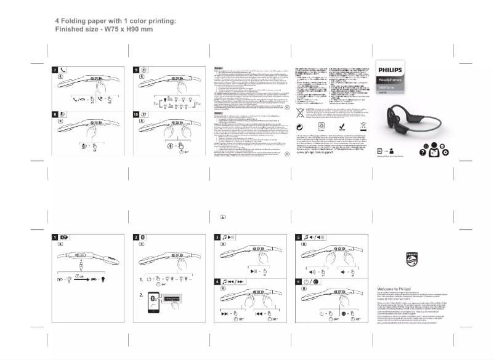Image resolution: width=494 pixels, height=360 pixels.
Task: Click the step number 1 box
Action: click(55, 238)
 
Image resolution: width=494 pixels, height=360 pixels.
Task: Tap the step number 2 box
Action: click(136, 238)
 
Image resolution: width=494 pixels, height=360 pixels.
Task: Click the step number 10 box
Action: click(136, 114)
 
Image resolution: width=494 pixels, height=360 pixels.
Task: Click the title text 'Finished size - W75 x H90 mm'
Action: click(104, 29)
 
